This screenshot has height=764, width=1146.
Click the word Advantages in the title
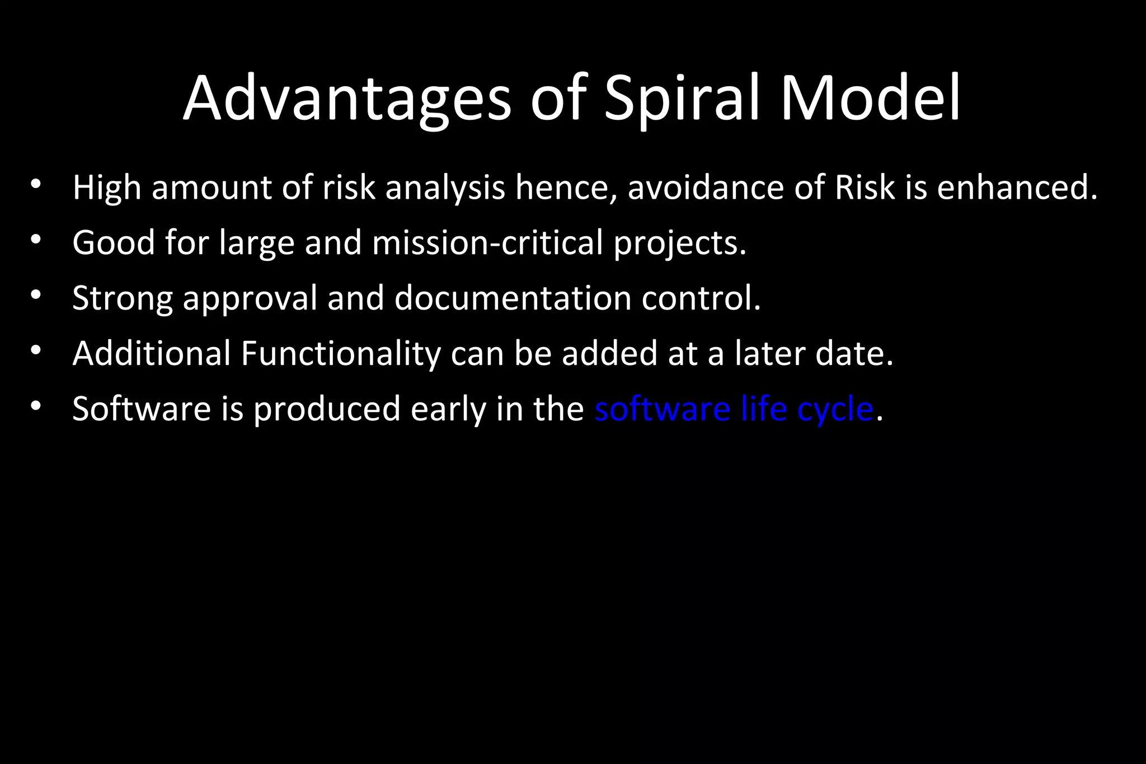(347, 99)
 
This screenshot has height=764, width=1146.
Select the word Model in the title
(870, 99)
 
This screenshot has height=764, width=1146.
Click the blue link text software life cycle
(734, 409)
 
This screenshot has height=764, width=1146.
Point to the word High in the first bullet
(106, 188)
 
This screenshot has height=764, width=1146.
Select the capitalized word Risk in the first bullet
(865, 188)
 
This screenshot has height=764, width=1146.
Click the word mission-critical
(487, 243)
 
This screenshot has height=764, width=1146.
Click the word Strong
(123, 298)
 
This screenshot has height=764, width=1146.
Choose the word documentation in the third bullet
(513, 298)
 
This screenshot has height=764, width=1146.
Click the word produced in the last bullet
(327, 409)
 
